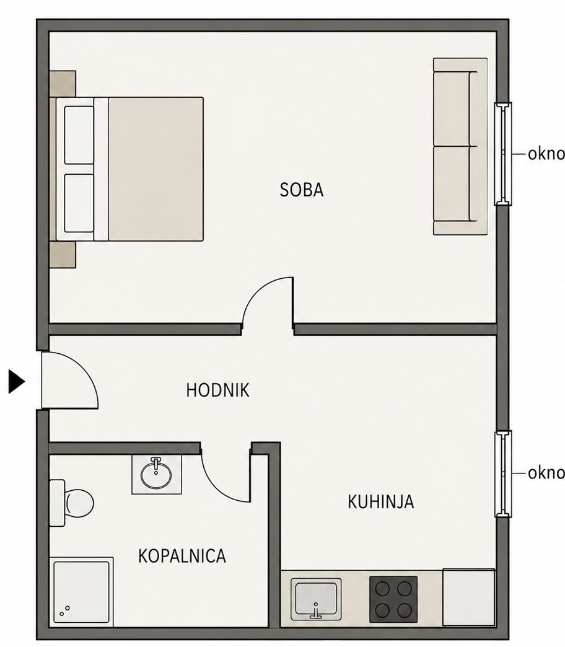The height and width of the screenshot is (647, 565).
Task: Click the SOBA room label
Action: pos(302,190)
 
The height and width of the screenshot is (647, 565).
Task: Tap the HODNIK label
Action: pos(217,390)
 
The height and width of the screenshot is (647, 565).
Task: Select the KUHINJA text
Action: pos(380,502)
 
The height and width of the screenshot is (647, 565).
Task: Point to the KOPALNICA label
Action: pos(182,557)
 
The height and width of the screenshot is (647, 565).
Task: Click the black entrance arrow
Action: pos(17,382)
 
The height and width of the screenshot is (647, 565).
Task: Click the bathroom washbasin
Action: pos(156,475)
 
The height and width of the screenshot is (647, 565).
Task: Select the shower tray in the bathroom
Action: pos(81,592)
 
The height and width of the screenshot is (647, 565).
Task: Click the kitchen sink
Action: pos(316,599)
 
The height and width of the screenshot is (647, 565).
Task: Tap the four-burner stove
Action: pos(393,599)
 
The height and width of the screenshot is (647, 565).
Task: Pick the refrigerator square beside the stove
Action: pos(469,597)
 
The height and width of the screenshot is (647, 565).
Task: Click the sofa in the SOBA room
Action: pos(460,146)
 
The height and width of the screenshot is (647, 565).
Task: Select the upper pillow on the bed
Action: pos(79,135)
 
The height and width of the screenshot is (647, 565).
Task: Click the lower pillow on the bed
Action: pos(79,203)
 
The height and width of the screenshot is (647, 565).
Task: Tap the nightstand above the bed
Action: pos(63,84)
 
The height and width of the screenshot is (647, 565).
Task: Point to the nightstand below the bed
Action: pos(63,255)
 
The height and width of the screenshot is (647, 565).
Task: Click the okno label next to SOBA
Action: pos(546,154)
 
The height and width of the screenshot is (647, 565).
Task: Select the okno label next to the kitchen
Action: pos(546,473)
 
